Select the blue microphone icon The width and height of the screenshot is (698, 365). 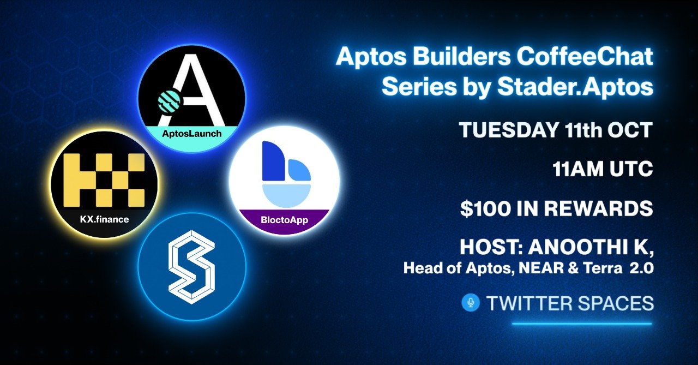coord(470,302)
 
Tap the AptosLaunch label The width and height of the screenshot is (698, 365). coord(191,133)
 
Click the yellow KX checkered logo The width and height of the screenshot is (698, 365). coord(104,180)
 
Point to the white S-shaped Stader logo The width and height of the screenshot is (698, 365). coord(191,267)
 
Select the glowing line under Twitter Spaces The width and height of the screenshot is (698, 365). coord(582,324)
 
